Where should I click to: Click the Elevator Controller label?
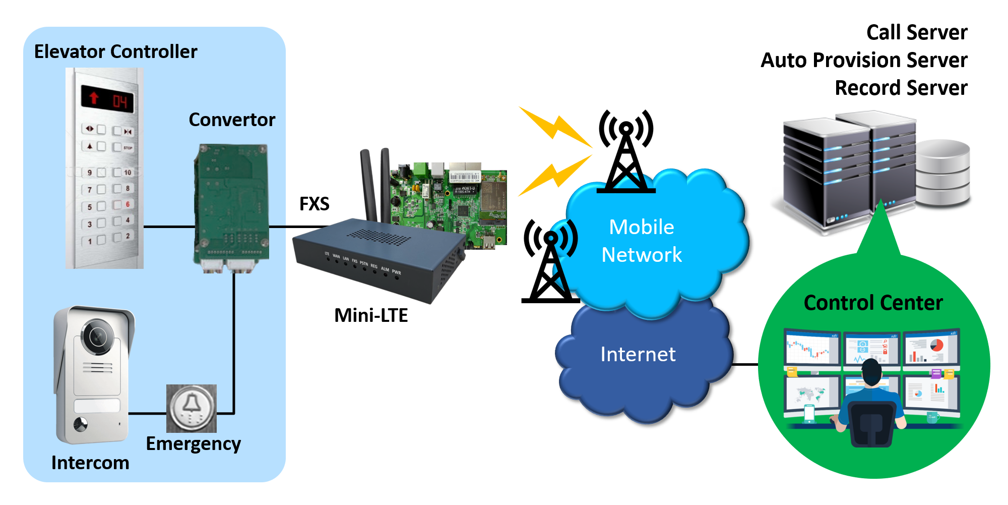[x=115, y=51]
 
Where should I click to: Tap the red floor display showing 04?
[x=108, y=99]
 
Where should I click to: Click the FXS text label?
[x=314, y=204]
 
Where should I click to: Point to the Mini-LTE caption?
[x=371, y=315]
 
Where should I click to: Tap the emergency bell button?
[x=192, y=408]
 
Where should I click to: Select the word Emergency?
[x=193, y=443]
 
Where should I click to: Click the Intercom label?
[x=90, y=463]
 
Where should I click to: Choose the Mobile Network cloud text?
[x=642, y=241]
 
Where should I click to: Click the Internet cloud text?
[x=638, y=354]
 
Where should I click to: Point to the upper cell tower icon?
[x=626, y=151]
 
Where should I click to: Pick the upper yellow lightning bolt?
[x=555, y=126]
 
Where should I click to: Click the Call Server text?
[x=917, y=32]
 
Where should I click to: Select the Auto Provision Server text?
[x=864, y=60]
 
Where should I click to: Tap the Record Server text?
[x=901, y=88]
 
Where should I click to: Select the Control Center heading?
[x=873, y=303]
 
